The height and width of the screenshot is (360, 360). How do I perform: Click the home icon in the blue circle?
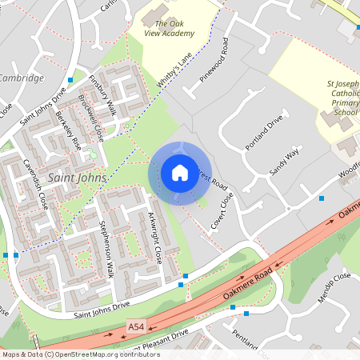[180, 172]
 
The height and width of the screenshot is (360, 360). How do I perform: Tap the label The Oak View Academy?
[169, 29]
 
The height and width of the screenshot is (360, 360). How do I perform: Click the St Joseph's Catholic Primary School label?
[342, 97]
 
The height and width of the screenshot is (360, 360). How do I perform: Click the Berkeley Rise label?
[68, 131]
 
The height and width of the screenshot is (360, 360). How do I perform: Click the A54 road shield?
[138, 327]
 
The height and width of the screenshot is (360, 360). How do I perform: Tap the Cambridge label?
[22, 78]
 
